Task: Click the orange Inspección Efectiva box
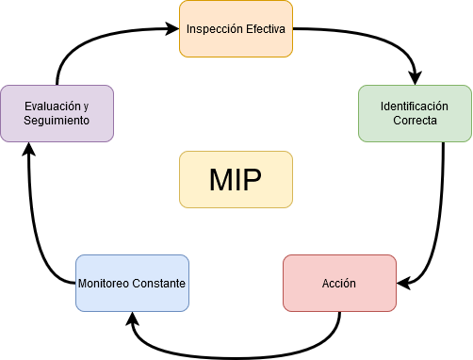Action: [x=236, y=28]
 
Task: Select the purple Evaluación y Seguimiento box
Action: [x=57, y=113]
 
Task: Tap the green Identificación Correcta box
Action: [x=415, y=113]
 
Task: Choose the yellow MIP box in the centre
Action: [x=236, y=179]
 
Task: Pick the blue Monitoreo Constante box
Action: [x=132, y=283]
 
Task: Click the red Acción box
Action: [x=339, y=283]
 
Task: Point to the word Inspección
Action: [x=215, y=28]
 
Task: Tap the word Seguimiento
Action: [x=57, y=121]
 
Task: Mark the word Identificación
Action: [x=415, y=106]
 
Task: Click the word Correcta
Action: [x=415, y=121]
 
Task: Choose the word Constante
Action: [x=160, y=284]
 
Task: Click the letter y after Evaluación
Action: [x=86, y=106]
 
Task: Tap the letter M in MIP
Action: [x=220, y=179]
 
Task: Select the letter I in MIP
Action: [x=239, y=179]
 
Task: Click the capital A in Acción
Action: [x=326, y=284]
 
